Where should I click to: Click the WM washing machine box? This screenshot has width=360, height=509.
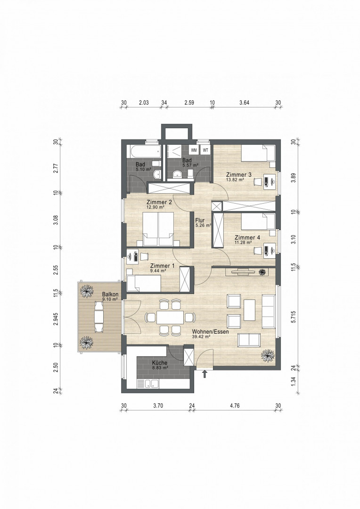[x=194, y=150]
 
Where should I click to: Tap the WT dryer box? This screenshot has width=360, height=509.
[x=205, y=150]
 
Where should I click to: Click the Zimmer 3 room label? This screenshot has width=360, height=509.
[x=238, y=175]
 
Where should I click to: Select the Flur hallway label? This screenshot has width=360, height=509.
[x=200, y=221]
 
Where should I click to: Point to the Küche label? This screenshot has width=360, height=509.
[x=160, y=362]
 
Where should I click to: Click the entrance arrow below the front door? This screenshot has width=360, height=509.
[x=205, y=374]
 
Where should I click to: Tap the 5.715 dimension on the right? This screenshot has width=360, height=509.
[x=294, y=317]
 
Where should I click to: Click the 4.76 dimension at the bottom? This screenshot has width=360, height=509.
[x=234, y=405]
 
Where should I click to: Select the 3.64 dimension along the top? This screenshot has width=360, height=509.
[x=244, y=103]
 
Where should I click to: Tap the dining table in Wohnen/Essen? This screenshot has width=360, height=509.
[x=170, y=317]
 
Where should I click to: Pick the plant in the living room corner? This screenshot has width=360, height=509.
[x=268, y=356]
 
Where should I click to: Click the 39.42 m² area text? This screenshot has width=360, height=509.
[x=201, y=337]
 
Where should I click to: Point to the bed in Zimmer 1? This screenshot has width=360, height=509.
[x=144, y=283]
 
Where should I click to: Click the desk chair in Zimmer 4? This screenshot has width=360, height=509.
[x=258, y=250]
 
